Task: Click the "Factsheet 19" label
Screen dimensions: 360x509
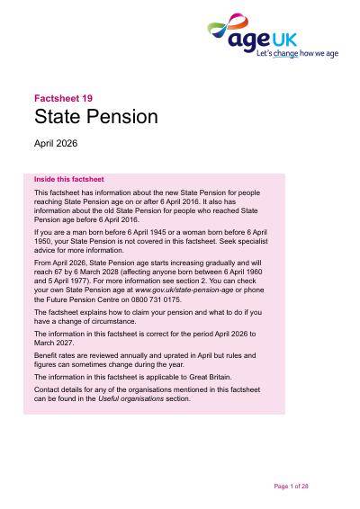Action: coord(63,98)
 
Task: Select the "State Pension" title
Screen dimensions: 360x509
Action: coord(96,117)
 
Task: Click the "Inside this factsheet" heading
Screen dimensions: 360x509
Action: coord(69,179)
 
